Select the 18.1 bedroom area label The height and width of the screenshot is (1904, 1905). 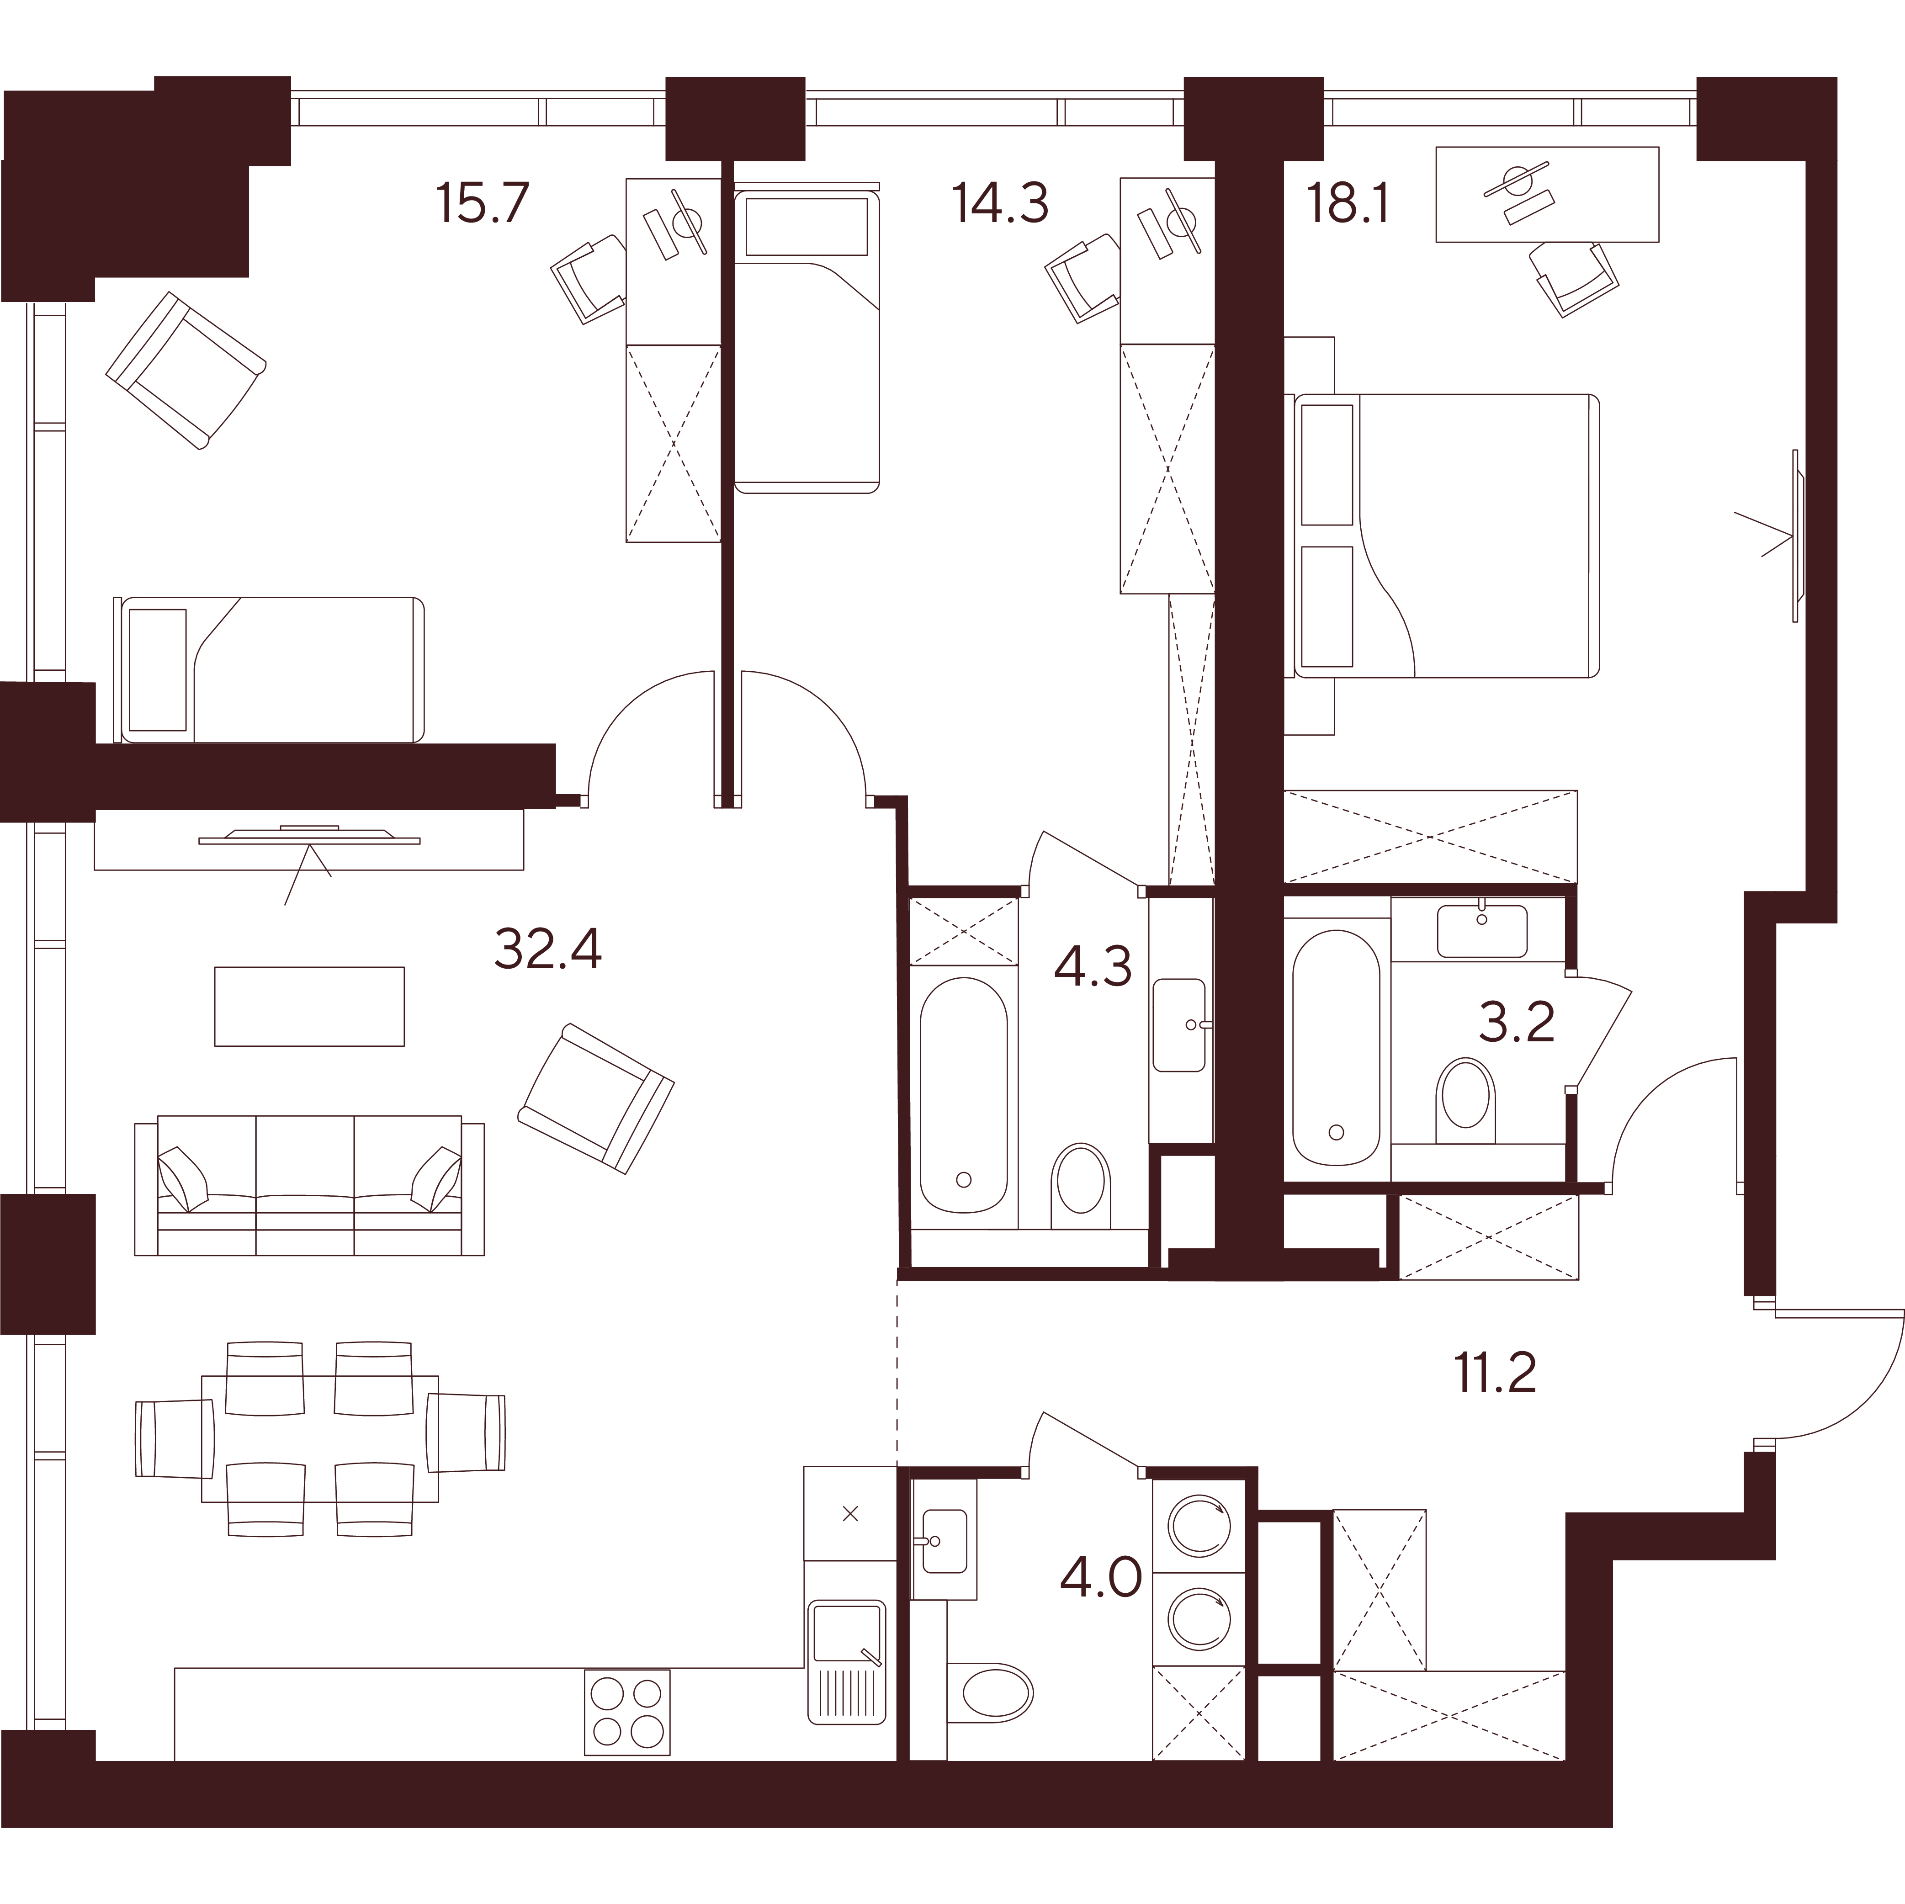coord(1348,204)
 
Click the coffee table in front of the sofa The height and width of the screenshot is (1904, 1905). coord(310,1006)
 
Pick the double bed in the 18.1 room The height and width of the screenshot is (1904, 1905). coord(1445,536)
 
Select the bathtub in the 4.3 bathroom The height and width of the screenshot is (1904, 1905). coord(963,1094)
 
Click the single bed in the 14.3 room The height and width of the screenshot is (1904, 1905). coord(807,337)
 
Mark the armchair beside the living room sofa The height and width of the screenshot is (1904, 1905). coord(595,1098)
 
